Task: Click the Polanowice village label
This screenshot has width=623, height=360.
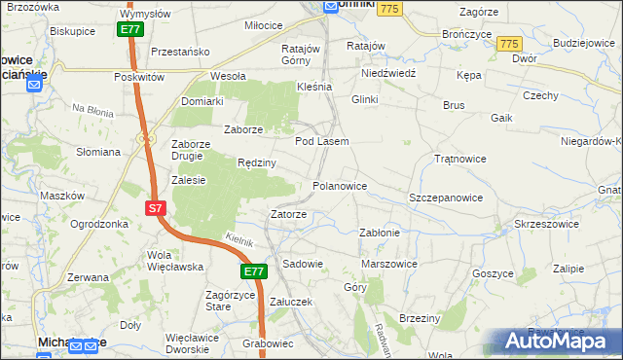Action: pos(340,185)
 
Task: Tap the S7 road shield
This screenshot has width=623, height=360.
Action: pos(156,208)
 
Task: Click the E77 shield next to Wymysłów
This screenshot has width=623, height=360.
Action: pos(132,30)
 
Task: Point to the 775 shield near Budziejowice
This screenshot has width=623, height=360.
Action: pos(508,45)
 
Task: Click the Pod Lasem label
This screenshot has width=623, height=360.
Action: pos(321,142)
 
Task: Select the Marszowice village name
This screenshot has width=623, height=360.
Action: pos(388,264)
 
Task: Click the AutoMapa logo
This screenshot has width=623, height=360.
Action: pos(556,342)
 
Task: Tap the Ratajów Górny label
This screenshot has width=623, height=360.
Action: pos(300,54)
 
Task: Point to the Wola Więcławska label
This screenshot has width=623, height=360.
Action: pos(173,261)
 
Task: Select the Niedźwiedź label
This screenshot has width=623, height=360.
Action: pos(387,73)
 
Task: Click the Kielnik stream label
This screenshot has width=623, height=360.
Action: pos(238,239)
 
